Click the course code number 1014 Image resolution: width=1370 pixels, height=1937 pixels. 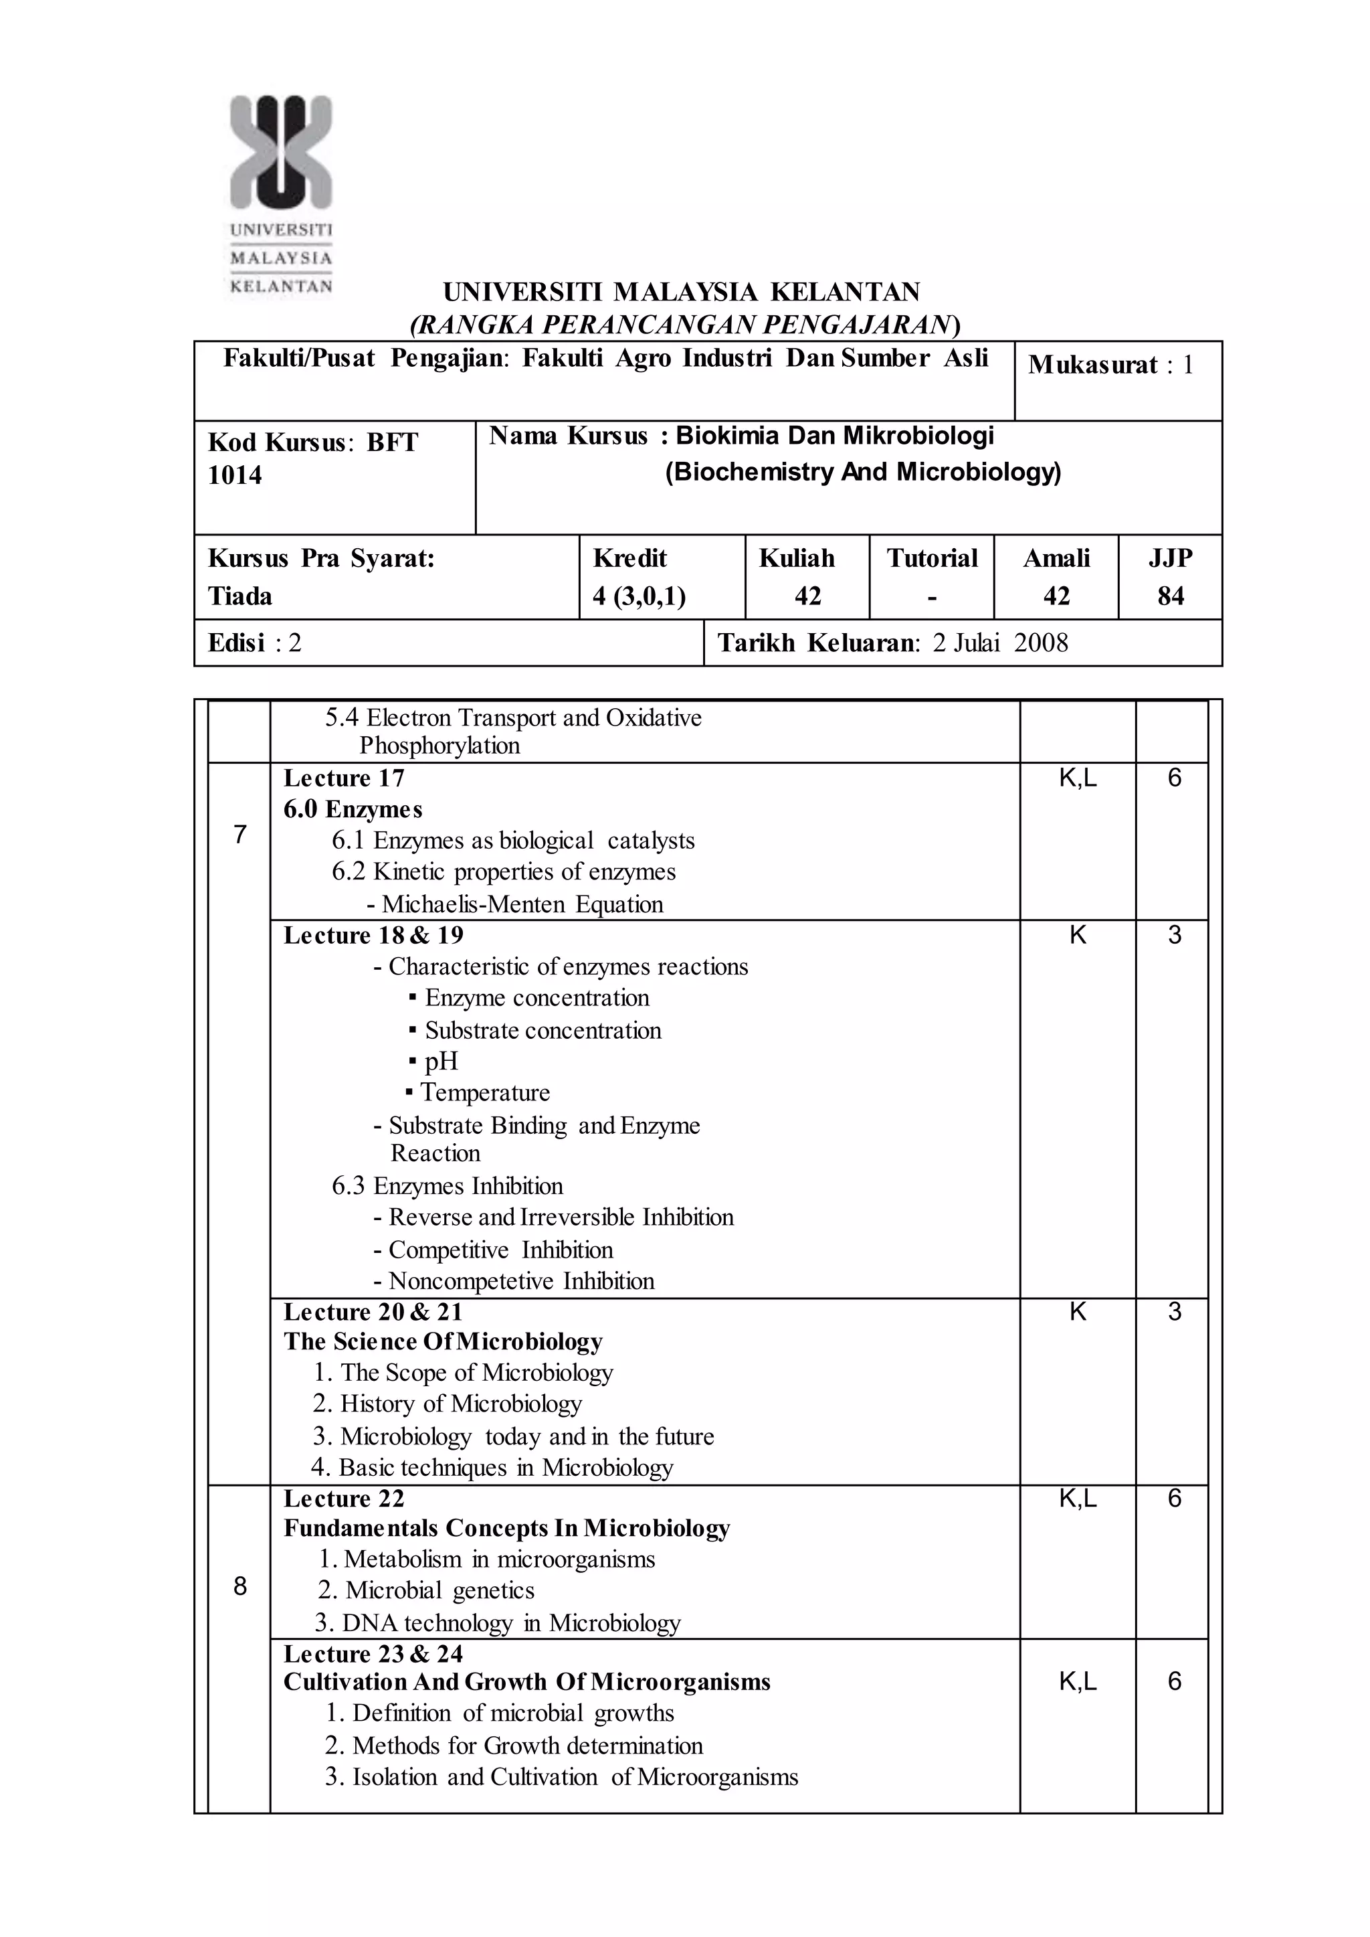tap(235, 475)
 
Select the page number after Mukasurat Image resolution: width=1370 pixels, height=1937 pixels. tap(1188, 365)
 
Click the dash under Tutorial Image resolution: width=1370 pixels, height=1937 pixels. tap(931, 598)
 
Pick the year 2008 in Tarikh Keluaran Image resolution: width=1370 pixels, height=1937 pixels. tap(1040, 643)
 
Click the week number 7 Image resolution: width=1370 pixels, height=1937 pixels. tap(239, 835)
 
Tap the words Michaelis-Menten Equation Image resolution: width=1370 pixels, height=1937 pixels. tap(522, 904)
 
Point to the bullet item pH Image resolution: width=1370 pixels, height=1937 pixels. tap(440, 1061)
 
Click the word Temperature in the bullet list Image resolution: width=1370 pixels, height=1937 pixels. tap(485, 1092)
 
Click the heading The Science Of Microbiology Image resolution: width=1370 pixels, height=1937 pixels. tap(443, 1341)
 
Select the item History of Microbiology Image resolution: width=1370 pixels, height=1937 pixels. tap(461, 1403)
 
